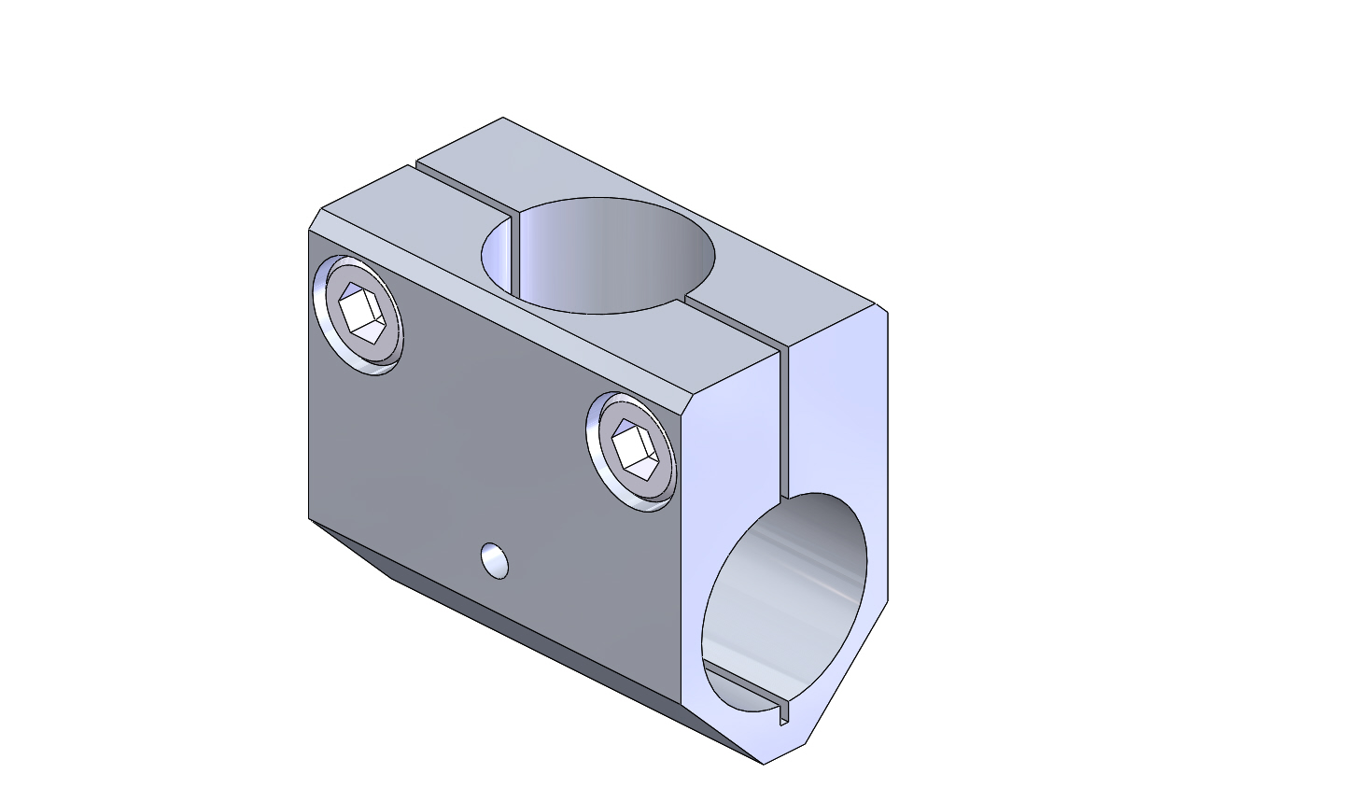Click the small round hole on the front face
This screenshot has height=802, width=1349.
pyautogui.click(x=496, y=560)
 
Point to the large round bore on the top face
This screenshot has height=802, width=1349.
pyautogui.click(x=597, y=255)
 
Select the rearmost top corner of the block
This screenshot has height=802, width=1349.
pyautogui.click(x=503, y=118)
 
